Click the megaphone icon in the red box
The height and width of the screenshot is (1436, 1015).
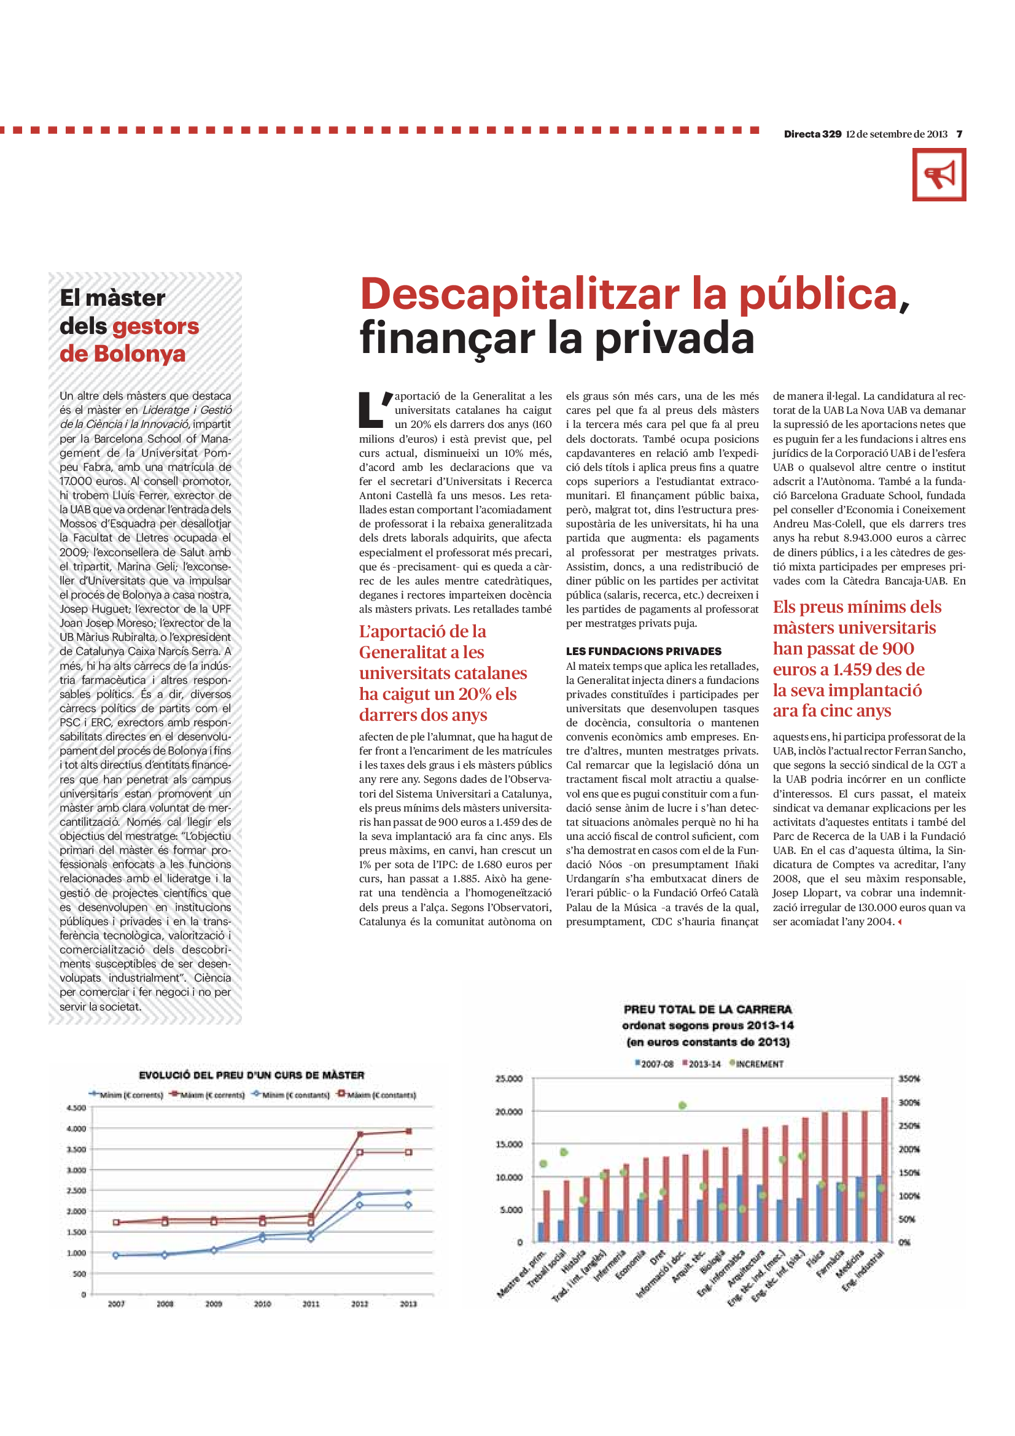[939, 174]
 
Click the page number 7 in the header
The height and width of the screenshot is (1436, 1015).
[959, 134]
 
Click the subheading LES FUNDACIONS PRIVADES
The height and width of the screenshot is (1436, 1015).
[644, 651]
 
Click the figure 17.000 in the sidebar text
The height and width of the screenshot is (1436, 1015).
[76, 481]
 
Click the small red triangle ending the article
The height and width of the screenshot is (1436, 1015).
[900, 923]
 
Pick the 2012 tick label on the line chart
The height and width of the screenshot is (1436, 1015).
[359, 1304]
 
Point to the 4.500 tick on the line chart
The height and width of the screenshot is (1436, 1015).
[76, 1108]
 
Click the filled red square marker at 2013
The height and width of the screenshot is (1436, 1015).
[408, 1131]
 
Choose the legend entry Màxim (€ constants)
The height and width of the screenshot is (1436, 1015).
[378, 1095]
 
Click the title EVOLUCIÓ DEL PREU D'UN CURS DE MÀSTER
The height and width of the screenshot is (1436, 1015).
[251, 1075]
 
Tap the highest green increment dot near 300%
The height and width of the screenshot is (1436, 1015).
[682, 1105]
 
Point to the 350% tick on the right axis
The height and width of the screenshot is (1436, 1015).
[909, 1079]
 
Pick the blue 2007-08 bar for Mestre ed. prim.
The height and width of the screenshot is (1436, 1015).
[541, 1232]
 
